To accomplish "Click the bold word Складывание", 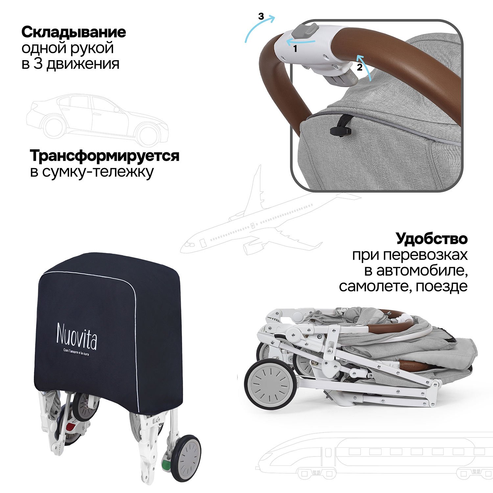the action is (x=74, y=32).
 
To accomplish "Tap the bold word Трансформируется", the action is (x=105, y=156).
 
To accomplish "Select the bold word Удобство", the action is (x=432, y=239).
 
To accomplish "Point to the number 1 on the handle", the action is (x=295, y=49).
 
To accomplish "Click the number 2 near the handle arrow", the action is (x=360, y=68).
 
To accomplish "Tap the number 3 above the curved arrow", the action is (x=261, y=16).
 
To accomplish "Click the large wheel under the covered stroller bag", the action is (x=186, y=458).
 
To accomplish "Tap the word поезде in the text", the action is (x=441, y=287).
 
